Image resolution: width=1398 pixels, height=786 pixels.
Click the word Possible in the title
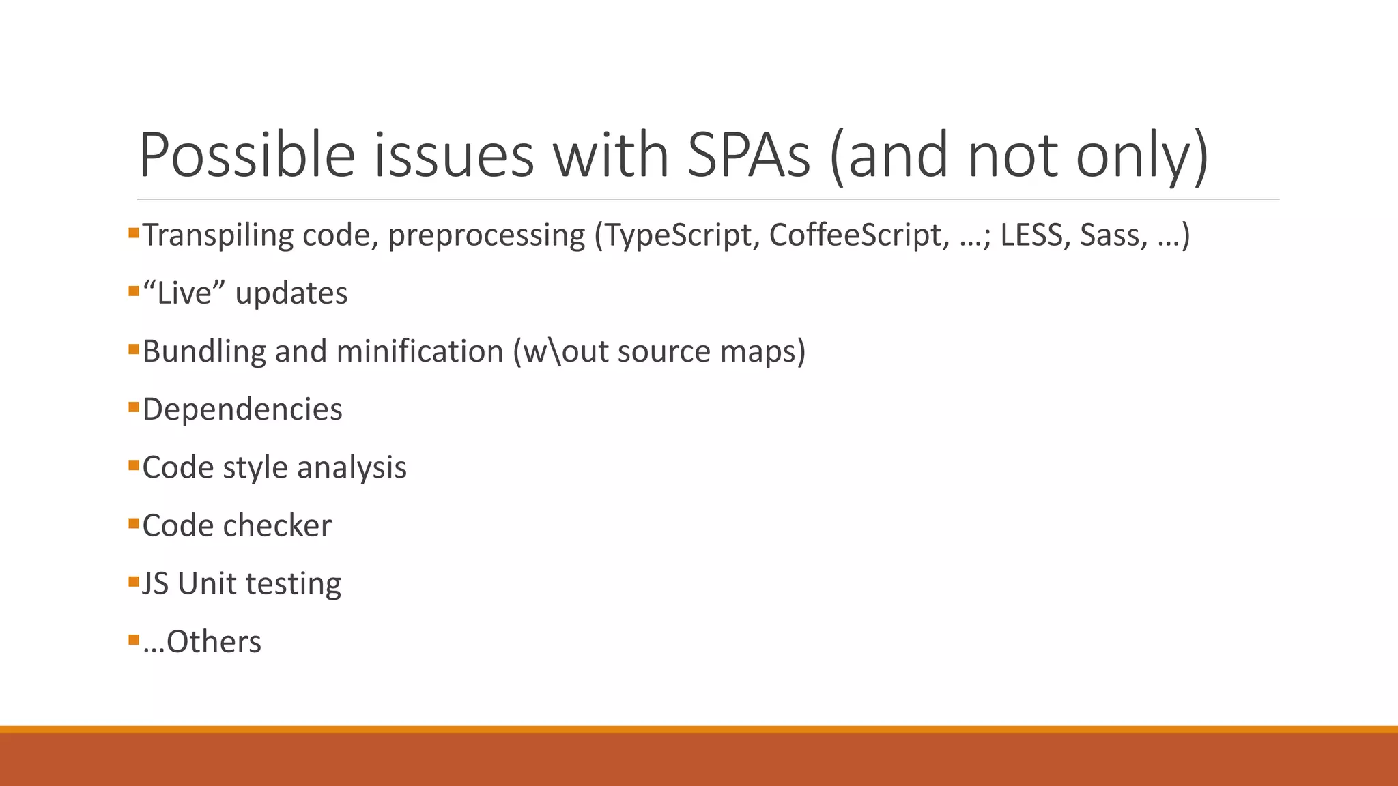point(247,155)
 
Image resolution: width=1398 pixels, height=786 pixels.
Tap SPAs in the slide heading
point(748,155)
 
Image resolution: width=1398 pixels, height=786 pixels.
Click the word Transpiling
point(218,235)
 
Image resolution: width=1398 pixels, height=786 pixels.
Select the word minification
point(420,351)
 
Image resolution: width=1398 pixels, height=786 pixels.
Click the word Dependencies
point(242,409)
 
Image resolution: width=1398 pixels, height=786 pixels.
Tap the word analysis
point(352,467)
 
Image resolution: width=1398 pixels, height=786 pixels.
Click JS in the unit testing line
point(155,583)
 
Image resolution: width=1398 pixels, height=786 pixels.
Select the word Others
point(214,642)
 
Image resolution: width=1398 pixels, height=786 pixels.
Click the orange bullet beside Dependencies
point(134,407)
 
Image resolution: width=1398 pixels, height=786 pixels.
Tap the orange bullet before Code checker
point(134,524)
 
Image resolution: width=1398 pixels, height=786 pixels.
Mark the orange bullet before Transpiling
point(134,233)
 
